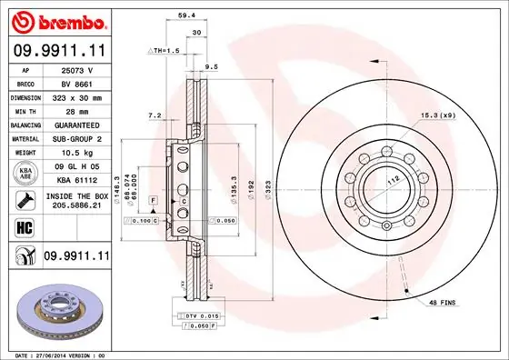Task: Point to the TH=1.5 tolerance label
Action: (x=166, y=51)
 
